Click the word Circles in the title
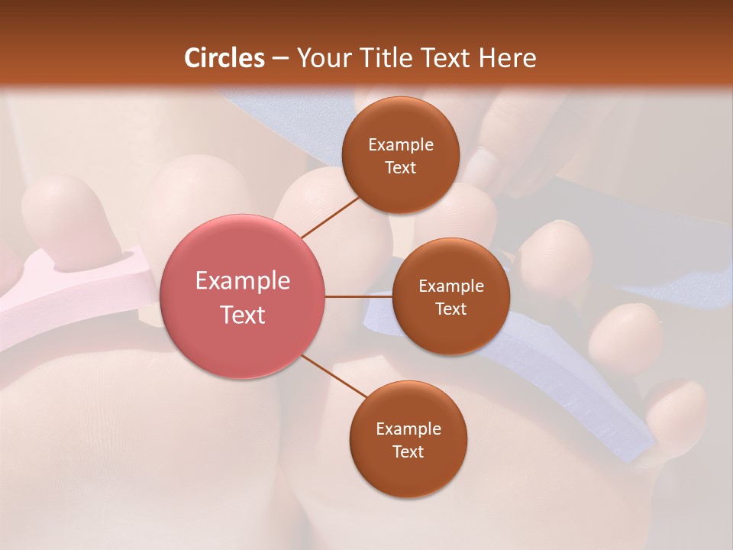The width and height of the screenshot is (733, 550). [x=224, y=58]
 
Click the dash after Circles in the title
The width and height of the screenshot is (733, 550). [x=280, y=59]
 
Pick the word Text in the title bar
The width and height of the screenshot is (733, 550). [x=449, y=58]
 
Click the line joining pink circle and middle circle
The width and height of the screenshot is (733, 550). [x=358, y=296]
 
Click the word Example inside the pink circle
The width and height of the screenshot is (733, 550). [x=243, y=281]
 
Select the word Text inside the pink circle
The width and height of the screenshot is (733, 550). [x=243, y=315]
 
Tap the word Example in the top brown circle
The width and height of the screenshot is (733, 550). [x=400, y=145]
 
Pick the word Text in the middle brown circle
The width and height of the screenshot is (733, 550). [x=450, y=309]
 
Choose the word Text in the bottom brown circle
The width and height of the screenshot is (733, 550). [x=408, y=451]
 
